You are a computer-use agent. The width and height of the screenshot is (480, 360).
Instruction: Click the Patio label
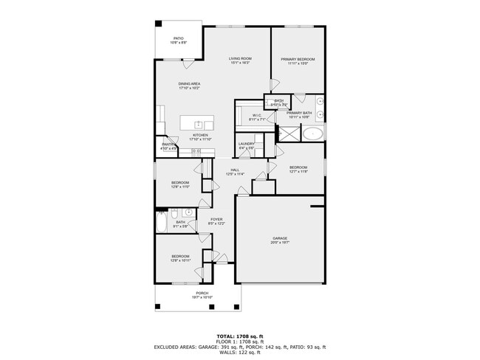point(178,40)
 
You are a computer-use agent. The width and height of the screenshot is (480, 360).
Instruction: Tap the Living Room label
point(240,60)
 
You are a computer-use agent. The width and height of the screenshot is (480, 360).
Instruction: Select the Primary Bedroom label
point(298,60)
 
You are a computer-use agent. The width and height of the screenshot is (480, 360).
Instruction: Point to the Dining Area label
point(189,86)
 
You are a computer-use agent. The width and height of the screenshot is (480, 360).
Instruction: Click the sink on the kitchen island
point(199,124)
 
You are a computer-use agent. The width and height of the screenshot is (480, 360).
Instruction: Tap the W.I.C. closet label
point(257,117)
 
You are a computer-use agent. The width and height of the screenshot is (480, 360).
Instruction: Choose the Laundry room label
point(246,145)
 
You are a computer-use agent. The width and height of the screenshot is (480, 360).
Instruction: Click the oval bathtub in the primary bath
point(313,134)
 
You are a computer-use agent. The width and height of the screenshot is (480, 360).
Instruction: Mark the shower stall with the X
point(287,134)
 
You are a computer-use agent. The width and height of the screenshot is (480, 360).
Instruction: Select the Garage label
point(279,240)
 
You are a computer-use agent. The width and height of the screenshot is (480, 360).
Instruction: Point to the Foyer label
point(216,221)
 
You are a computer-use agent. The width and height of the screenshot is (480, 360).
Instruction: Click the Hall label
point(235,172)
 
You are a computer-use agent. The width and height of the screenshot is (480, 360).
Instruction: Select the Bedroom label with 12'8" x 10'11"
point(181,258)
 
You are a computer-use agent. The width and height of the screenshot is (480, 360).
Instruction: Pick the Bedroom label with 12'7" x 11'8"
point(298,169)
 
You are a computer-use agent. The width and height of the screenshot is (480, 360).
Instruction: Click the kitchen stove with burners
point(196,151)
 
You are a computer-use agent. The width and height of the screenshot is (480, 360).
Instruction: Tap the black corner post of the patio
point(157,23)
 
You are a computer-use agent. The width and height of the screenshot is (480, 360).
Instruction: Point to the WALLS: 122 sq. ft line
point(239,352)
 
